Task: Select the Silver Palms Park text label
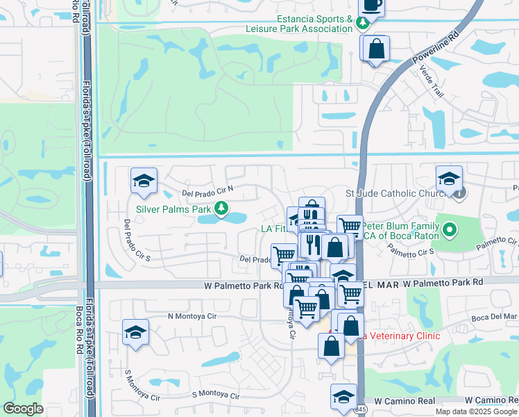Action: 173,208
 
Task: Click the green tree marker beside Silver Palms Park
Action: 221,208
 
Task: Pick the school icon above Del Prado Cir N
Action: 144,181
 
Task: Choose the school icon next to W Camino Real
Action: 343,397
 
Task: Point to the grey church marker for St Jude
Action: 459,193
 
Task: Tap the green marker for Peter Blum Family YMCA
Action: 449,229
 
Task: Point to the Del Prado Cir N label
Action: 207,190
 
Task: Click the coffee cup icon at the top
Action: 371,5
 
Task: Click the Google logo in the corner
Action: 23,409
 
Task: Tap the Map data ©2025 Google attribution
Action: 476,411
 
